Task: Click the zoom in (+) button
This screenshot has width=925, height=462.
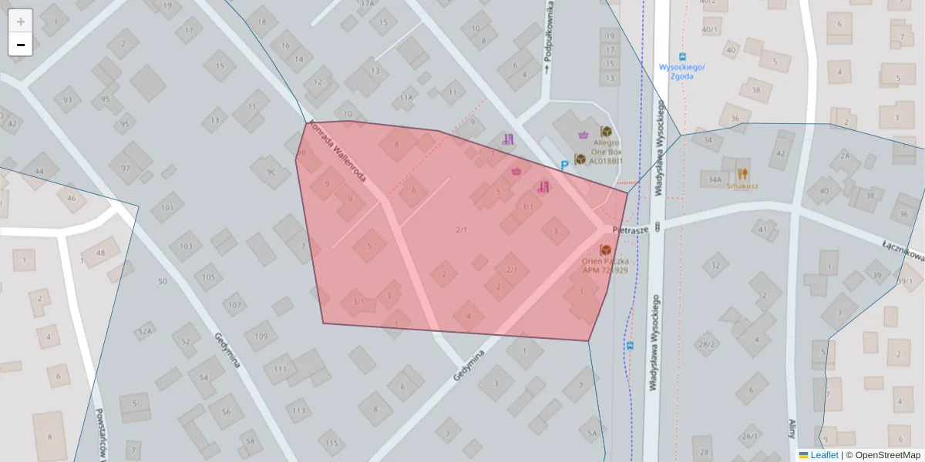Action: (21, 21)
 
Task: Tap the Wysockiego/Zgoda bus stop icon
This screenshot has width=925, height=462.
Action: (681, 56)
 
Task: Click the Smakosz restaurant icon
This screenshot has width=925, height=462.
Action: (742, 174)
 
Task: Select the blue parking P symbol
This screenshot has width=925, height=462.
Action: (564, 165)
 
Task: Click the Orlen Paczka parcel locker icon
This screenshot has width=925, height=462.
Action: (605, 250)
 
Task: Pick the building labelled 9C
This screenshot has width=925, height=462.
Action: (271, 172)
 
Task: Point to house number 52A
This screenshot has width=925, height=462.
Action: (144, 332)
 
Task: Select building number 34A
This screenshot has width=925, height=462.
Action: (714, 179)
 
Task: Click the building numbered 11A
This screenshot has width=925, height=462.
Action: (406, 98)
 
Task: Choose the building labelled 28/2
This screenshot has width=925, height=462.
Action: (706, 343)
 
